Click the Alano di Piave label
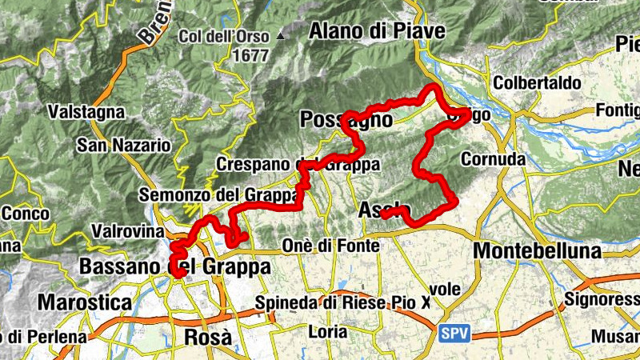(376, 30)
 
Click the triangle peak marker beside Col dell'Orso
(280, 36)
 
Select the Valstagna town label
(86, 112)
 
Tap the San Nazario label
(123, 146)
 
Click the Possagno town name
(346, 120)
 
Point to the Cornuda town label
(493, 159)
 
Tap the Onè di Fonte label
(331, 246)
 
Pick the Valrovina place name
(129, 230)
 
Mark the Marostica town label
(84, 303)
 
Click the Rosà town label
(208, 337)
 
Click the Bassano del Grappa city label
(174, 266)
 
